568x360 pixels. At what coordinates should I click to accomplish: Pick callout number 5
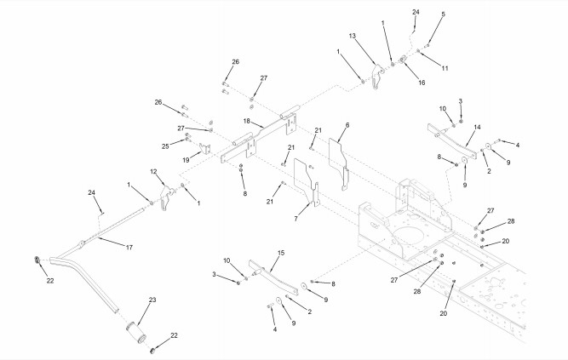tap(443, 14)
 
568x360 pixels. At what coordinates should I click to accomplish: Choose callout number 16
tap(421, 83)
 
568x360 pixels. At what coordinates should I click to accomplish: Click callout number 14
tap(477, 126)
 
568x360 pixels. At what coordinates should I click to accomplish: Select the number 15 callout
tap(281, 253)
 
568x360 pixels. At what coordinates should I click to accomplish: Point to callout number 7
tap(295, 219)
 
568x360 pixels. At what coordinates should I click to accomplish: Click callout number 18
tap(246, 122)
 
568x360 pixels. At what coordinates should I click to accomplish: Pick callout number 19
tap(186, 159)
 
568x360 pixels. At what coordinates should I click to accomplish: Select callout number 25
tap(165, 145)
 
